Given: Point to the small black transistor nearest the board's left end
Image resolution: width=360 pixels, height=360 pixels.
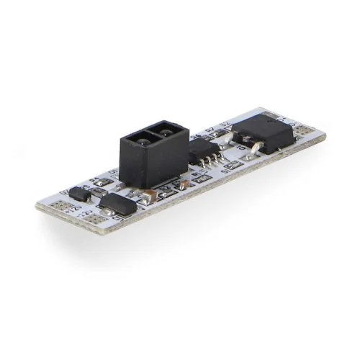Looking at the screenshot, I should pos(79,194).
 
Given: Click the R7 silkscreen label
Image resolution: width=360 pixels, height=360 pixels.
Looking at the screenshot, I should pos(211,131).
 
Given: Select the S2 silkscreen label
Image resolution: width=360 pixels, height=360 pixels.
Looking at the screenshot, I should pos(224,127).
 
